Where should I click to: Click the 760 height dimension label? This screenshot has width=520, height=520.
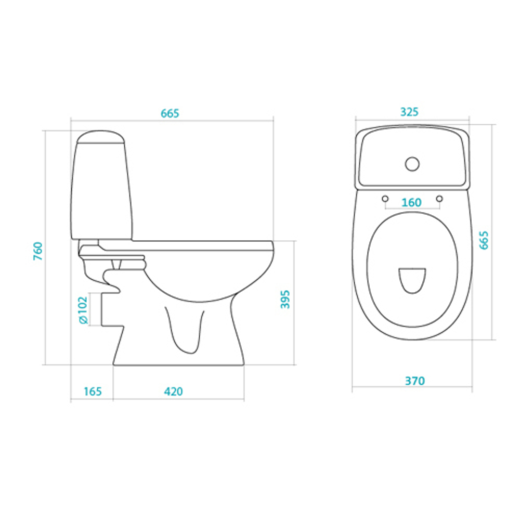point(38,251)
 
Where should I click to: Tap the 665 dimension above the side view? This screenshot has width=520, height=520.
point(170,113)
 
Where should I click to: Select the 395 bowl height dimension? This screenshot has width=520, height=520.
point(285,299)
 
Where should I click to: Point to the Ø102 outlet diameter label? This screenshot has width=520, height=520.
point(83,310)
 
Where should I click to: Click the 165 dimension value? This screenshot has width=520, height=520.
point(93,392)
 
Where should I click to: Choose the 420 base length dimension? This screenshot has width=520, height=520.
point(173,392)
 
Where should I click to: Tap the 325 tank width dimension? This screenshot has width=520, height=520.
point(410,112)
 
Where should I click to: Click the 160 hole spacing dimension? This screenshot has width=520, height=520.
point(411,202)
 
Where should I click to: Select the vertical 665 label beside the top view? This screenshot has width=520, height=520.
point(484,240)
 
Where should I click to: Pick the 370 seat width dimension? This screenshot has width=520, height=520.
point(415,381)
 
